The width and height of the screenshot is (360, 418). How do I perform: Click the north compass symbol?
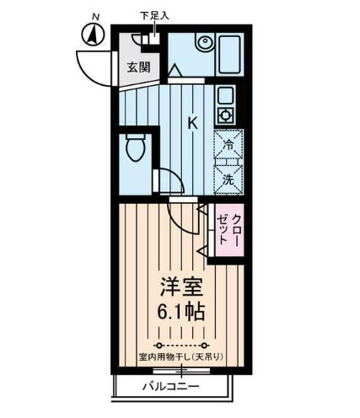(x=92, y=34)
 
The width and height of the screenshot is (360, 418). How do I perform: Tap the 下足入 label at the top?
(x=154, y=15)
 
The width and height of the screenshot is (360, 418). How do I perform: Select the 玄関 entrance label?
(x=138, y=68)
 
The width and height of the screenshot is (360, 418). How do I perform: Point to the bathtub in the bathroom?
(x=228, y=54)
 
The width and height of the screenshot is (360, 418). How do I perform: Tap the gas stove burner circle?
(x=226, y=115)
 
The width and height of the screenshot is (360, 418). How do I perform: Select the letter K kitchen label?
(x=192, y=124)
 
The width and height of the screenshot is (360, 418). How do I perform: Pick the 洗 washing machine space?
(x=228, y=178)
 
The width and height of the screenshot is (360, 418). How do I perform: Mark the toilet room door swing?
(x=169, y=179)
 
